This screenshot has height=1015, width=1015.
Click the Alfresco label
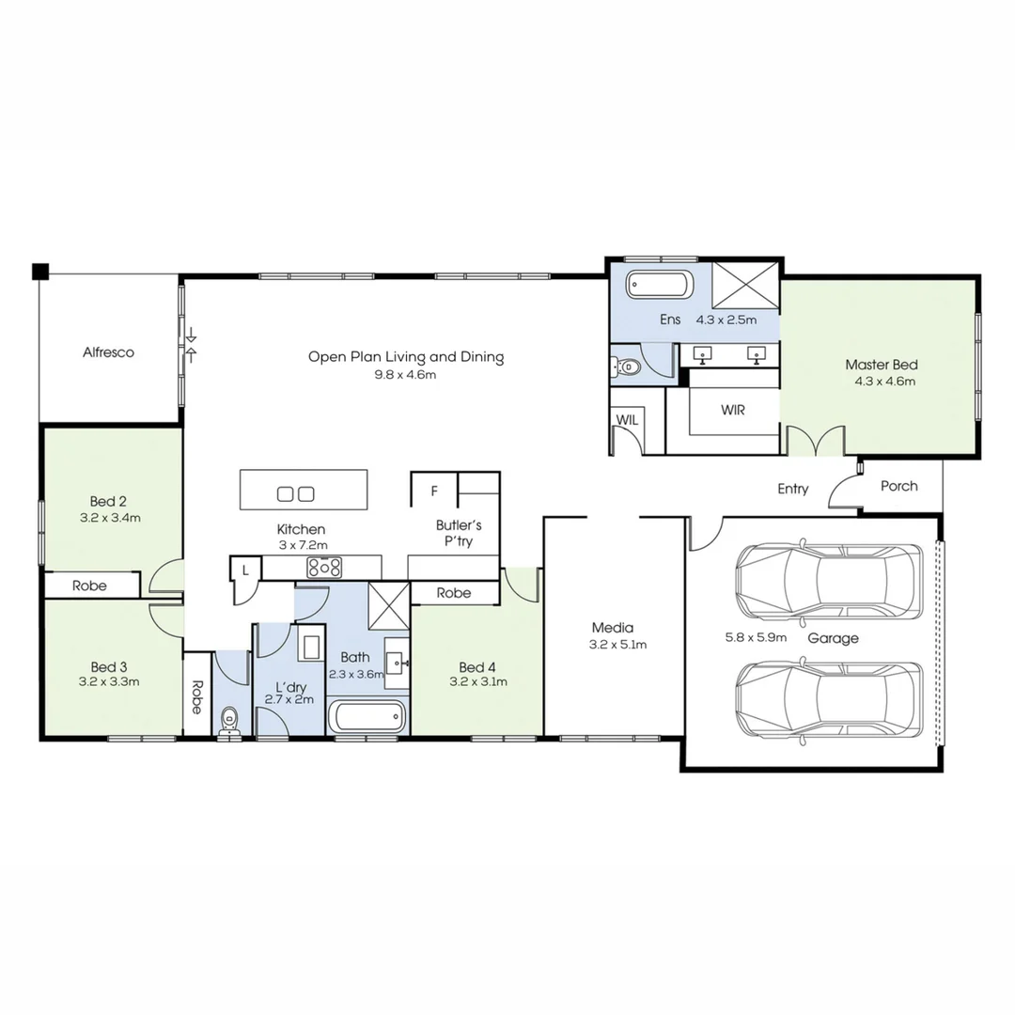point(108,352)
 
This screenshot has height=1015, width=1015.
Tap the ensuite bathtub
point(660,285)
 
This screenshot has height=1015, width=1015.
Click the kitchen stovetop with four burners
point(324,567)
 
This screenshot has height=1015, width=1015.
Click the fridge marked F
point(433,491)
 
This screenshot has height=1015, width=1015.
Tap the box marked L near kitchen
point(245,569)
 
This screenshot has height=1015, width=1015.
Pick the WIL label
point(627,420)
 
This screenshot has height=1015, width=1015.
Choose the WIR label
point(733,410)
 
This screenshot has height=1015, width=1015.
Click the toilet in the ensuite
point(627,367)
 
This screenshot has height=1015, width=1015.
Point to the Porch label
point(898,486)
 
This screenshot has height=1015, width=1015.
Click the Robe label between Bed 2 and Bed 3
point(89,586)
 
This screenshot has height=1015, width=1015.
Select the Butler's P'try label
point(459,533)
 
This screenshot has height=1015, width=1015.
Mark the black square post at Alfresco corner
point(39,272)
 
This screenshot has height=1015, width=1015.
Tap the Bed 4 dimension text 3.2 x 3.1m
point(478,681)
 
